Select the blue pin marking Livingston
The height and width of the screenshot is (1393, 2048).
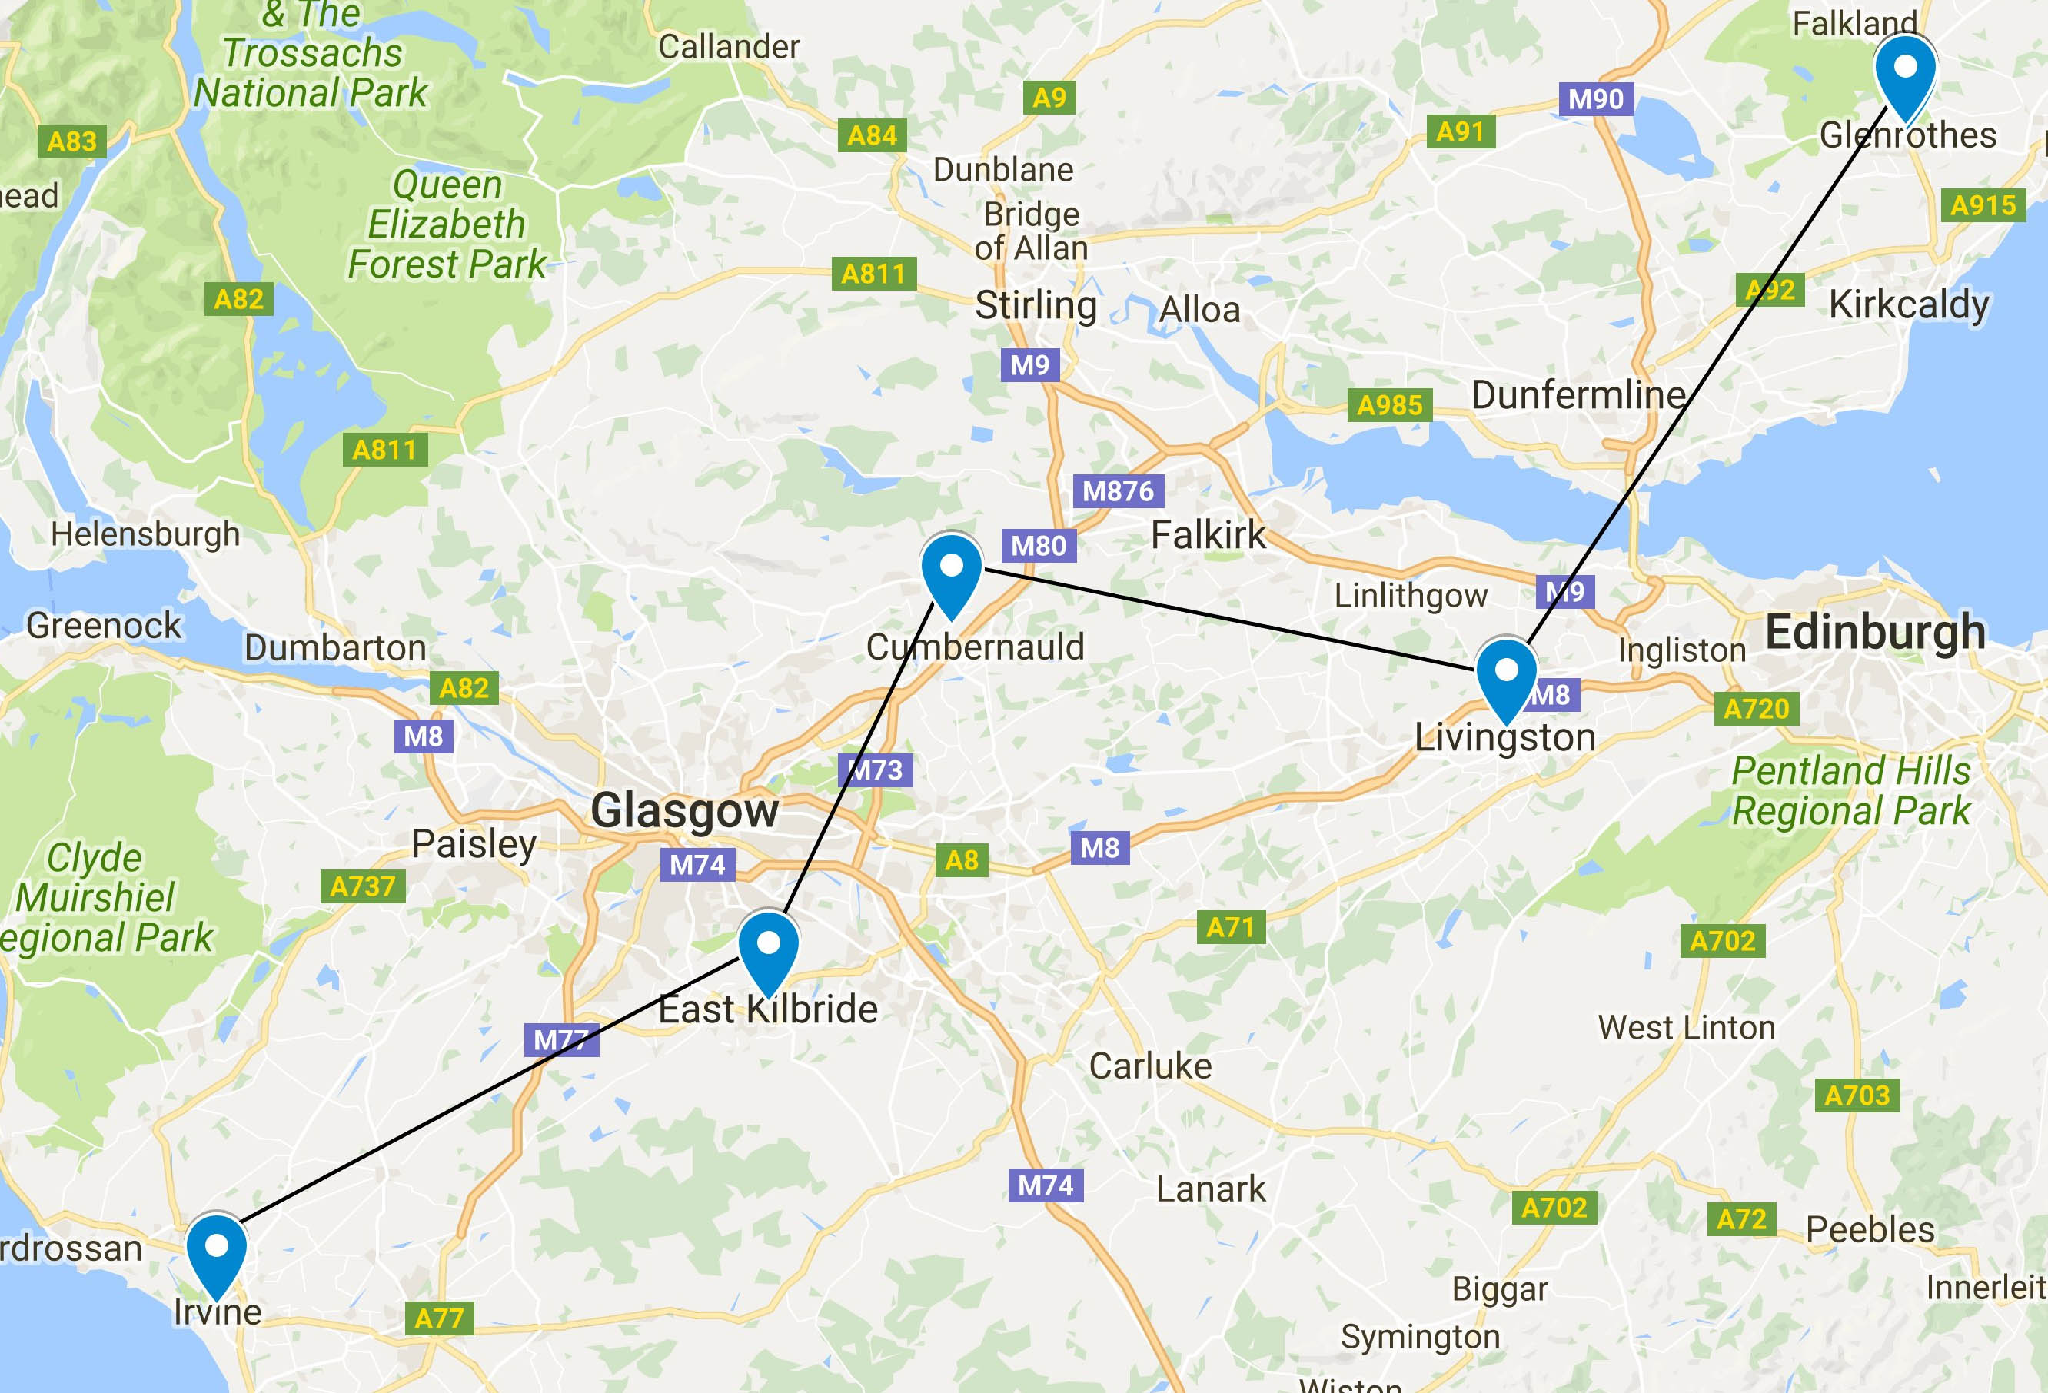(x=1507, y=674)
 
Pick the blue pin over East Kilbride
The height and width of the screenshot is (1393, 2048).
(x=769, y=947)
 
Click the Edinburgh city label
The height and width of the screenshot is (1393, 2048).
(x=1875, y=633)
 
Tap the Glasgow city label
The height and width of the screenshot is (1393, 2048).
(x=685, y=810)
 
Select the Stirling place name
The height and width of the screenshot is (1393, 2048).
(x=1036, y=306)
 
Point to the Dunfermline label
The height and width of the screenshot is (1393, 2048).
(x=1578, y=394)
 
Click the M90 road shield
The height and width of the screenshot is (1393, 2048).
(x=1596, y=98)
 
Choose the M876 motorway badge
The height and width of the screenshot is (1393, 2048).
(x=1119, y=490)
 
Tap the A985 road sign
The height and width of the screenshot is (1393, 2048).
(x=1390, y=405)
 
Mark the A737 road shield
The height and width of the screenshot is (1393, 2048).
(x=362, y=886)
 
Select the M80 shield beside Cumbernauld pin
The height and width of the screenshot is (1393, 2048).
(x=1038, y=545)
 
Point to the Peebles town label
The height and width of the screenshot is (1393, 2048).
(x=1870, y=1229)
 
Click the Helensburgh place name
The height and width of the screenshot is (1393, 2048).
(x=145, y=534)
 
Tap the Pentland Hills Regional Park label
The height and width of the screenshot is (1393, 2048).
(x=1850, y=790)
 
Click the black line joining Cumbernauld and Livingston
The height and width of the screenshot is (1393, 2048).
(x=1234, y=621)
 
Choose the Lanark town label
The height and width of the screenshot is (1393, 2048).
(x=1211, y=1189)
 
